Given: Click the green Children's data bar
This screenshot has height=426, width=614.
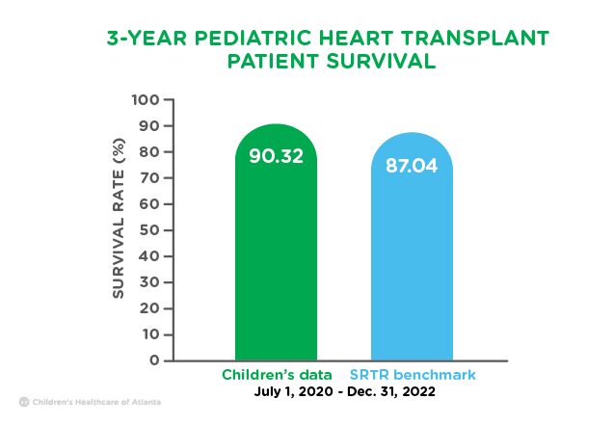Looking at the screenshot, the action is (x=276, y=242).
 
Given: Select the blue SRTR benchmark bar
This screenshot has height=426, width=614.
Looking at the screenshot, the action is (x=412, y=247).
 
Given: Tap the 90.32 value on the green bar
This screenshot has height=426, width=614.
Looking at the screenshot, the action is (x=276, y=156).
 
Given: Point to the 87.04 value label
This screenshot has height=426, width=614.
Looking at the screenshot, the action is (x=412, y=165).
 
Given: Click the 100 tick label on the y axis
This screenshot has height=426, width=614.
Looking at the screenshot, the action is (x=146, y=100).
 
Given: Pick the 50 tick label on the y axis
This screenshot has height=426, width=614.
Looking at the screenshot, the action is (x=148, y=230).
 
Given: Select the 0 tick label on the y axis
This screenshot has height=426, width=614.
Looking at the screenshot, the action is (x=154, y=360).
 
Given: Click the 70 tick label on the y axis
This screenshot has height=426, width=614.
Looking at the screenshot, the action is (x=148, y=178).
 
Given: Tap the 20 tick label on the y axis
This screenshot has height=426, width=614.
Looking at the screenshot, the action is (x=148, y=308).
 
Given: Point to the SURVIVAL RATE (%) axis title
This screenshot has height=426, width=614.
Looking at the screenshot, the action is (x=119, y=219).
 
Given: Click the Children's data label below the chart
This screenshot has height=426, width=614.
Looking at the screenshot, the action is (x=277, y=375).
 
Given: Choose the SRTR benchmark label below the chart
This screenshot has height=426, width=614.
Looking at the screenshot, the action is (x=413, y=375).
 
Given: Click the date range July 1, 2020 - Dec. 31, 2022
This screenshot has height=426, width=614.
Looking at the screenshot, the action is (x=345, y=391).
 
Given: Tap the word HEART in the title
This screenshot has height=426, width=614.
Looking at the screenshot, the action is (x=356, y=39).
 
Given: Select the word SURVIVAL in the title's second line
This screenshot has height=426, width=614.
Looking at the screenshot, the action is (x=381, y=62).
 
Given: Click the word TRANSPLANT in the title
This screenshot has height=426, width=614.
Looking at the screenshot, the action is (x=474, y=39).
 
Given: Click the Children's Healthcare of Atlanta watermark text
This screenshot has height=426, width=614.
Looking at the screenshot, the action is (x=96, y=402).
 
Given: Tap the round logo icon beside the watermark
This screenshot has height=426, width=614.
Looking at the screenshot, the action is (x=24, y=402).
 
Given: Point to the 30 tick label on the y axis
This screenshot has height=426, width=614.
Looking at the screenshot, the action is (x=148, y=282).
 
